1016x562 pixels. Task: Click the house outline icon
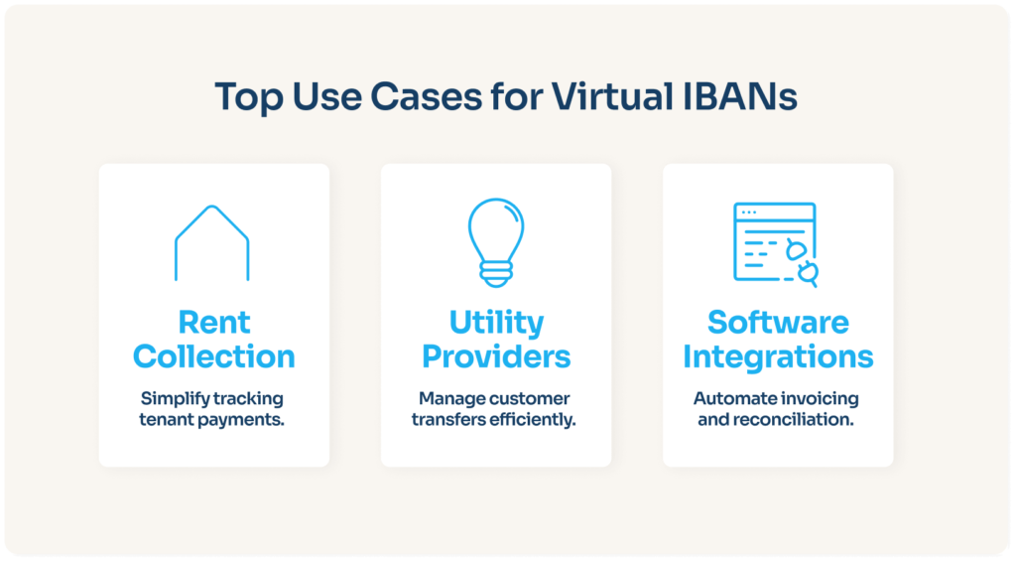(x=211, y=242)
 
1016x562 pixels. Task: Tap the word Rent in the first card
(x=214, y=322)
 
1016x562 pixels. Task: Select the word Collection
(x=214, y=355)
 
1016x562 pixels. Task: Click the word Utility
(x=496, y=322)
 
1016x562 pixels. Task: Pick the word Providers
(x=496, y=355)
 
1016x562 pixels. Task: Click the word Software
(x=778, y=322)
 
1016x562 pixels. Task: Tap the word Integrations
(x=778, y=355)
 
